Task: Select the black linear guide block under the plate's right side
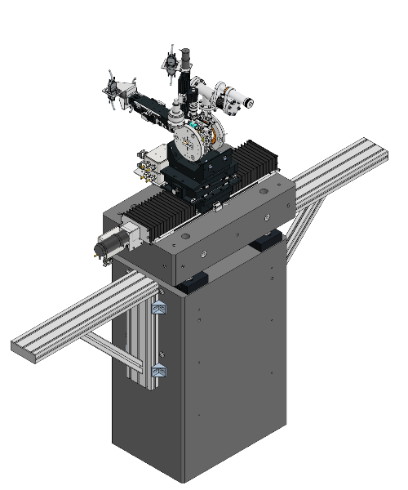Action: (267, 240)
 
